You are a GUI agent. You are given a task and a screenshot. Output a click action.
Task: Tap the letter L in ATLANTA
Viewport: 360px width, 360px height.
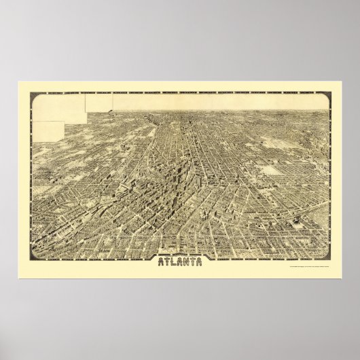[x=170, y=260]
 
